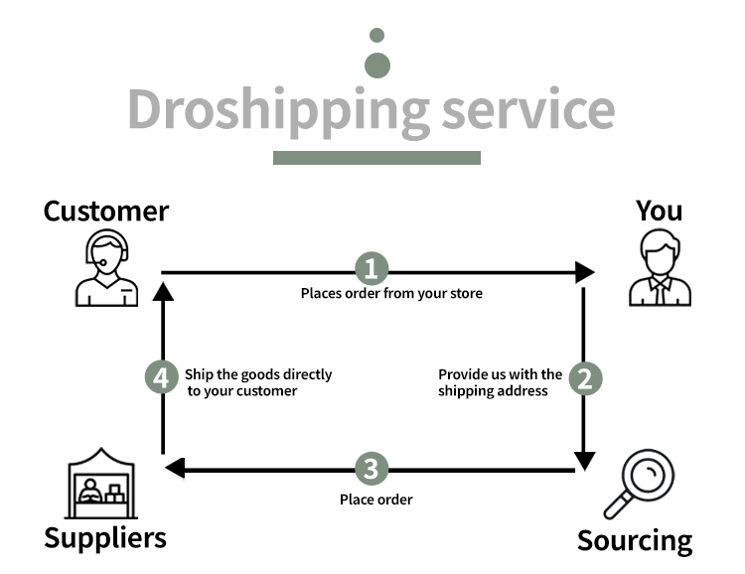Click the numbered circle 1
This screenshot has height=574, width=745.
372,268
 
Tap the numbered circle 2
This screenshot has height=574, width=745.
585,378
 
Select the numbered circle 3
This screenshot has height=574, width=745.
372,469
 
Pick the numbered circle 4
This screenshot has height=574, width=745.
162,377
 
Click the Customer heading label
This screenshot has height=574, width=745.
106,211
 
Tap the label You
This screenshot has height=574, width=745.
659,211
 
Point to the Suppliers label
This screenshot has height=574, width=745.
105,539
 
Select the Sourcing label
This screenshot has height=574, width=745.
635,541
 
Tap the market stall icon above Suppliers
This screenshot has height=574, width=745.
101,484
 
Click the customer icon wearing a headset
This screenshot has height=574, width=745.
107,267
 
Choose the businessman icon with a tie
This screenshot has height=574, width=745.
660,267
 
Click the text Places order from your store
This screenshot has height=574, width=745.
391,294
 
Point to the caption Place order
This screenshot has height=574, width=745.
376,500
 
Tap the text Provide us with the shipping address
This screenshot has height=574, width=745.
500,382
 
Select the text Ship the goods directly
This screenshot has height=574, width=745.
258,374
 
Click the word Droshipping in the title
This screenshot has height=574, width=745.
278,110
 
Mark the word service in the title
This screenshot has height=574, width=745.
528,109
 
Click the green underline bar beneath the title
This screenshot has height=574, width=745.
376,158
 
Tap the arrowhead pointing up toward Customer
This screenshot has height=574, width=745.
163,291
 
